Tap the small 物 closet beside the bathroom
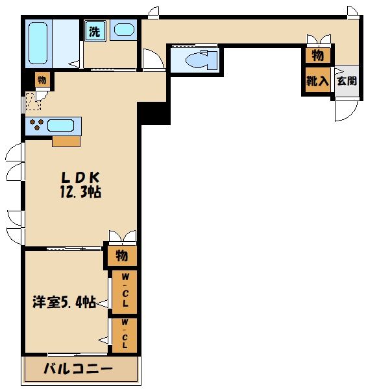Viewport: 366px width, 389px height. click(x=42, y=80)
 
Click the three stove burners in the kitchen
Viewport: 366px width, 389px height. click(x=35, y=124)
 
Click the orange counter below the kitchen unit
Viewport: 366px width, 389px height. click(x=66, y=141)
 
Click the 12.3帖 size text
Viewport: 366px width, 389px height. click(x=80, y=193)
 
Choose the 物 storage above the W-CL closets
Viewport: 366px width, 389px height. click(x=121, y=255)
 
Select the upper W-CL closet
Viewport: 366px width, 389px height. click(x=125, y=291)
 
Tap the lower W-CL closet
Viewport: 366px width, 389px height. click(x=125, y=335)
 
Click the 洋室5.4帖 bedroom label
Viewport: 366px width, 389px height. click(x=64, y=301)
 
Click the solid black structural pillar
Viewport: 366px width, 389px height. click(x=153, y=113)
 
